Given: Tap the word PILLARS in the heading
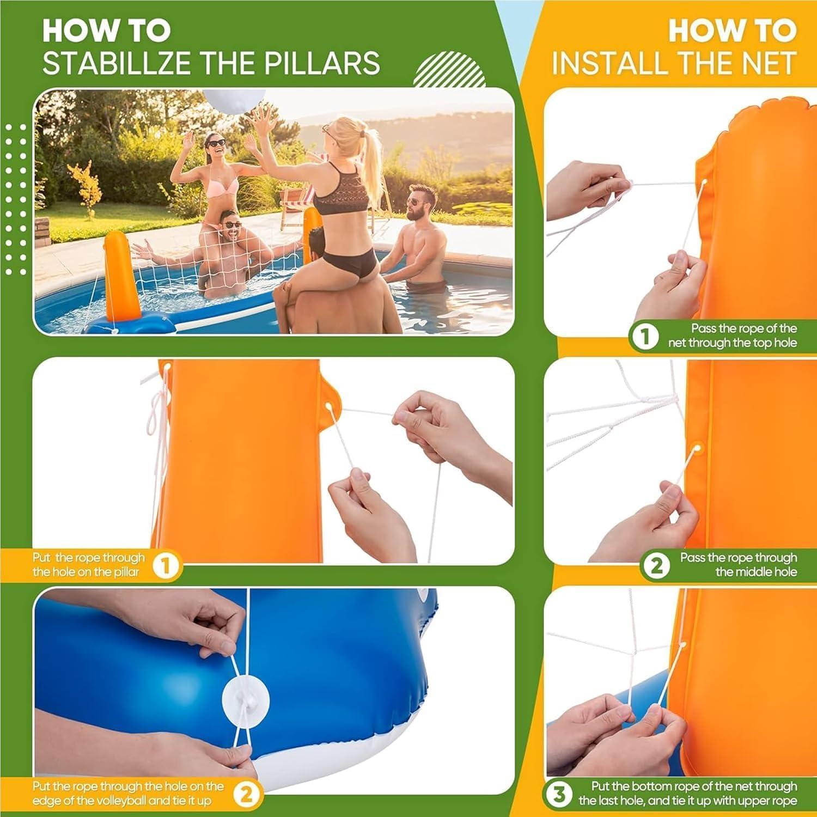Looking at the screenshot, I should [x=322, y=63].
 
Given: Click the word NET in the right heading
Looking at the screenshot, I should [x=772, y=63].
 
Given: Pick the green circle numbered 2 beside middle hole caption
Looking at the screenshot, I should [x=656, y=566].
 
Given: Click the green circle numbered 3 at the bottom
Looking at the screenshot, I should [x=559, y=794].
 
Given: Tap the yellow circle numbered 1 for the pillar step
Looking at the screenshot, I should [x=166, y=566].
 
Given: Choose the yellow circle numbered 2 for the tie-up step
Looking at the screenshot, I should [x=246, y=794].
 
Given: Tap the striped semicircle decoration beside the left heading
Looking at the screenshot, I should [x=449, y=70].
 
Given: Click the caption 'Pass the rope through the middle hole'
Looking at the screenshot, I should [x=737, y=565].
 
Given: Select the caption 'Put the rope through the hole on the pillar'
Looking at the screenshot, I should [x=88, y=565].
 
